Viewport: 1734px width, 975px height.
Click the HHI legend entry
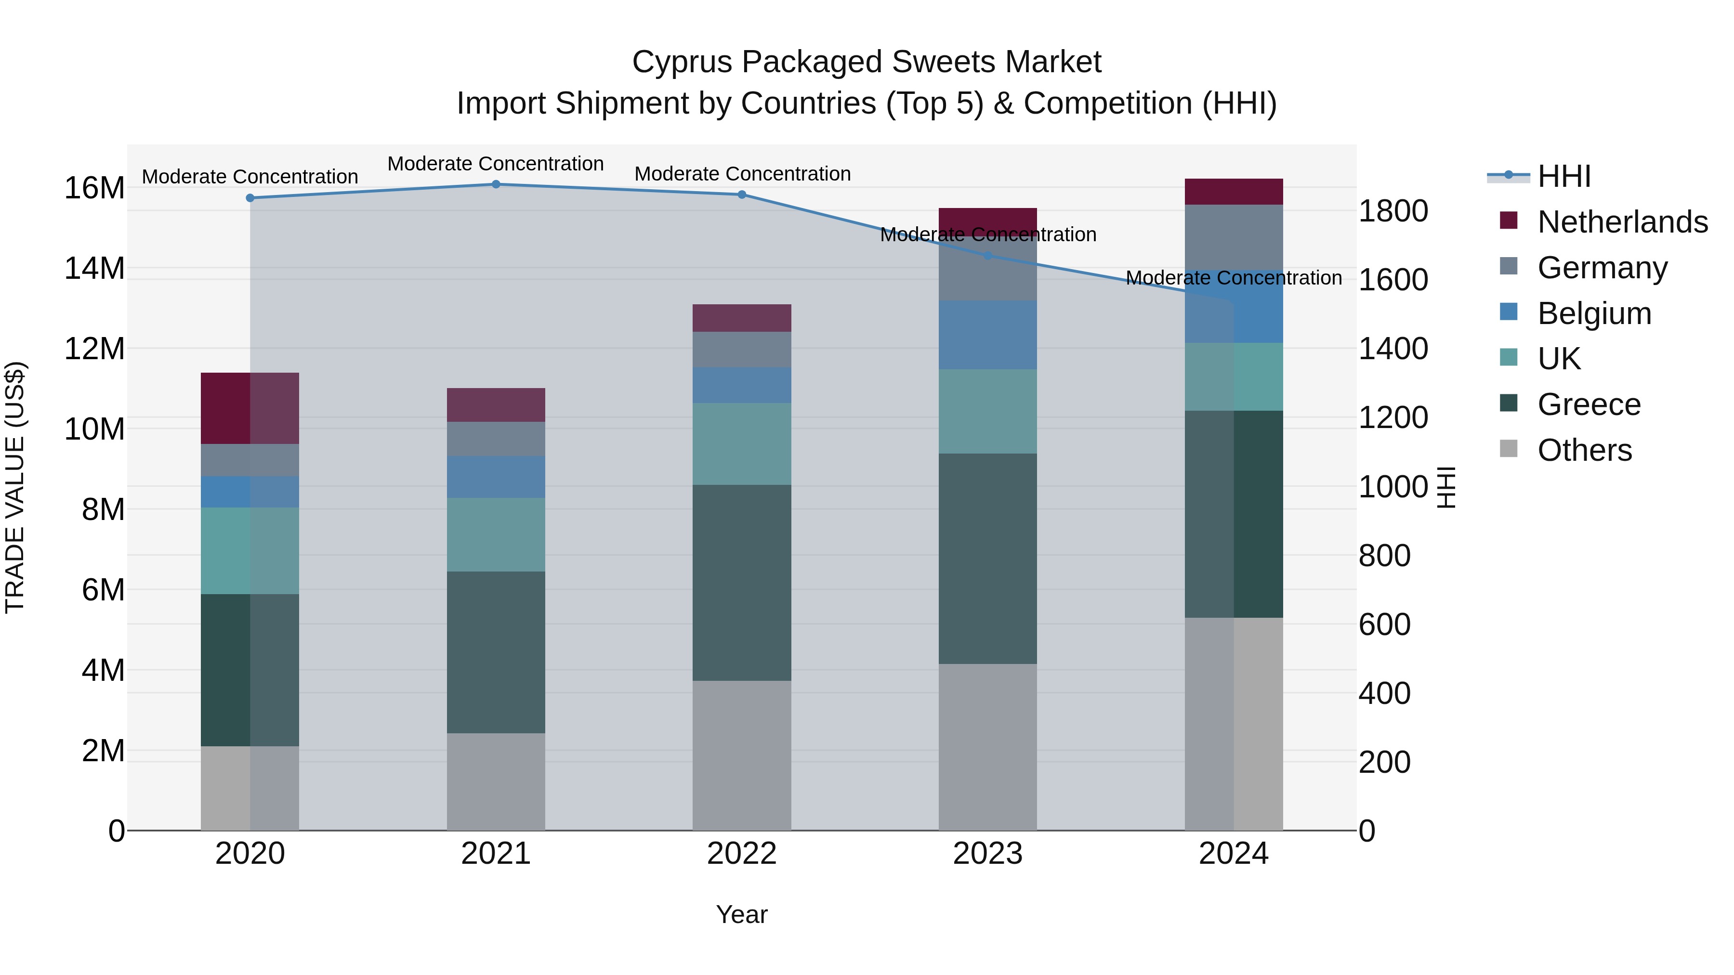click(1563, 176)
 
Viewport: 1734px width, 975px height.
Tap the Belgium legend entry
click(1593, 313)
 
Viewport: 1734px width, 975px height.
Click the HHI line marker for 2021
click(496, 184)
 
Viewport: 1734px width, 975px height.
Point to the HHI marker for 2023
click(987, 256)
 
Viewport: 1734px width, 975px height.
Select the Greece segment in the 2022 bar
click(742, 582)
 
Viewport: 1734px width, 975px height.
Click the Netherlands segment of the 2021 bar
click(496, 404)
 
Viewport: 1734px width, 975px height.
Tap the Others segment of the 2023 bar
click(987, 747)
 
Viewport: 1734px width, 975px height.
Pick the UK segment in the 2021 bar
click(496, 534)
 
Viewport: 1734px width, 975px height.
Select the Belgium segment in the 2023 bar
click(987, 335)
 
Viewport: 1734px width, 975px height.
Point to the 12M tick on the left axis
click(94, 349)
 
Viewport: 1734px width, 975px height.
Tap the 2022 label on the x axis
click(742, 854)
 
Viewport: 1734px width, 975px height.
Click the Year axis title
click(741, 914)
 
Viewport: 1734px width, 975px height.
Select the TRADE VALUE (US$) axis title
click(15, 487)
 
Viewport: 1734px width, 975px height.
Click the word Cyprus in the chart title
click(681, 62)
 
